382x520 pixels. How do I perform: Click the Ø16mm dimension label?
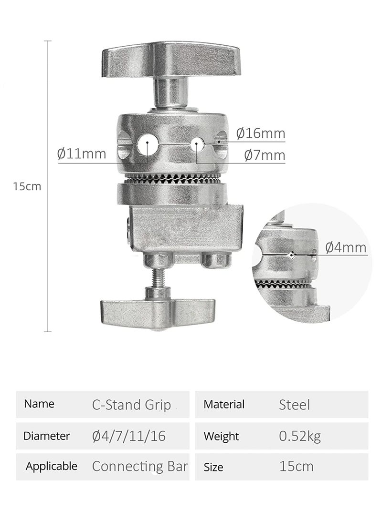261,133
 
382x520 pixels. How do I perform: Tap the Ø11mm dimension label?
82,153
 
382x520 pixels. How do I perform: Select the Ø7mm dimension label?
265,155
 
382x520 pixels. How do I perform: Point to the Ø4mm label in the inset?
346,247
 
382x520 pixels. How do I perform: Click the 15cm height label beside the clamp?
27,186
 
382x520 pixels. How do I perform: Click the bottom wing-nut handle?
158,314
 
